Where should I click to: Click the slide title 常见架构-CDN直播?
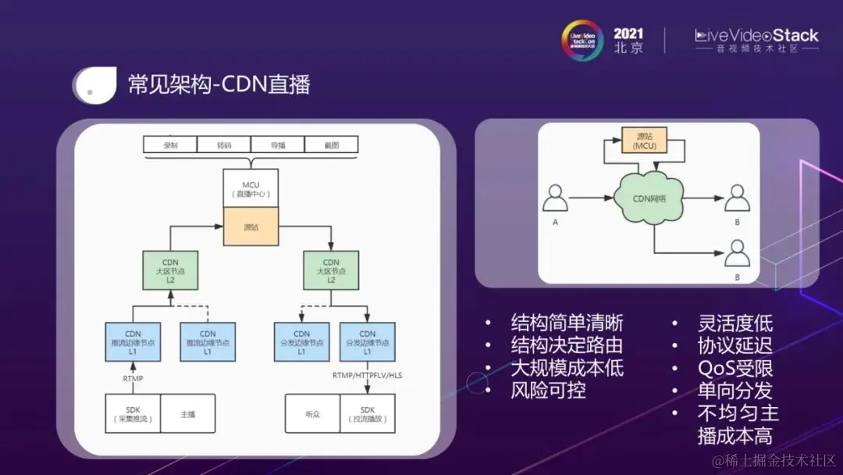point(219,83)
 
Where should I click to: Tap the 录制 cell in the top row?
point(169,145)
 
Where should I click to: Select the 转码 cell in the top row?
point(224,145)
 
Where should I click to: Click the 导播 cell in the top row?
point(277,145)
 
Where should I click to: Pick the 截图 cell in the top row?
point(331,145)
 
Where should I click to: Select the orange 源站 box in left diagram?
point(251,227)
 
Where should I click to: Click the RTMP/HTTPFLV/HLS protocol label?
point(367,375)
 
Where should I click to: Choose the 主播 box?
point(187,414)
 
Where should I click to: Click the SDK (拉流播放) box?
point(367,414)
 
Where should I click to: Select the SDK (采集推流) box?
point(133,414)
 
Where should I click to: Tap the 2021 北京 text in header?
point(628,40)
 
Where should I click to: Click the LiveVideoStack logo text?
point(756,36)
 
